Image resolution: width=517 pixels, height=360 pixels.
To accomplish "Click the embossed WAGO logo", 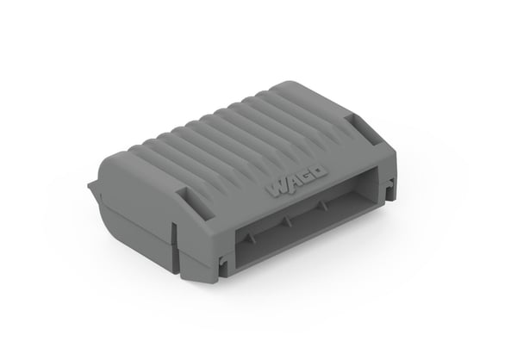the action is [296, 183].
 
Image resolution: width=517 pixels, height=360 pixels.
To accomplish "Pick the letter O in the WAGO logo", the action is [319, 173].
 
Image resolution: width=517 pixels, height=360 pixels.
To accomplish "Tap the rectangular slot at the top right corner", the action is [364, 129].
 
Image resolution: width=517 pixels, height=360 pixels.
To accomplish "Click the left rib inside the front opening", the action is [252, 238].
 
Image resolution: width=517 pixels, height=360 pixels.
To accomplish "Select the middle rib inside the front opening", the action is [288, 221].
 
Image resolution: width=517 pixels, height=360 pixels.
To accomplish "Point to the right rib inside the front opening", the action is [324, 205].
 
